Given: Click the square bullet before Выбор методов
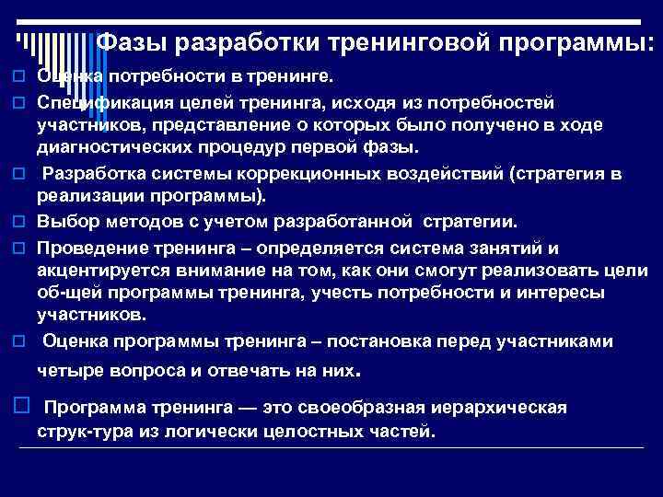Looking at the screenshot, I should click(x=17, y=223).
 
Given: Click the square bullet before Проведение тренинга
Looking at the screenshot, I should click(x=17, y=248).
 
